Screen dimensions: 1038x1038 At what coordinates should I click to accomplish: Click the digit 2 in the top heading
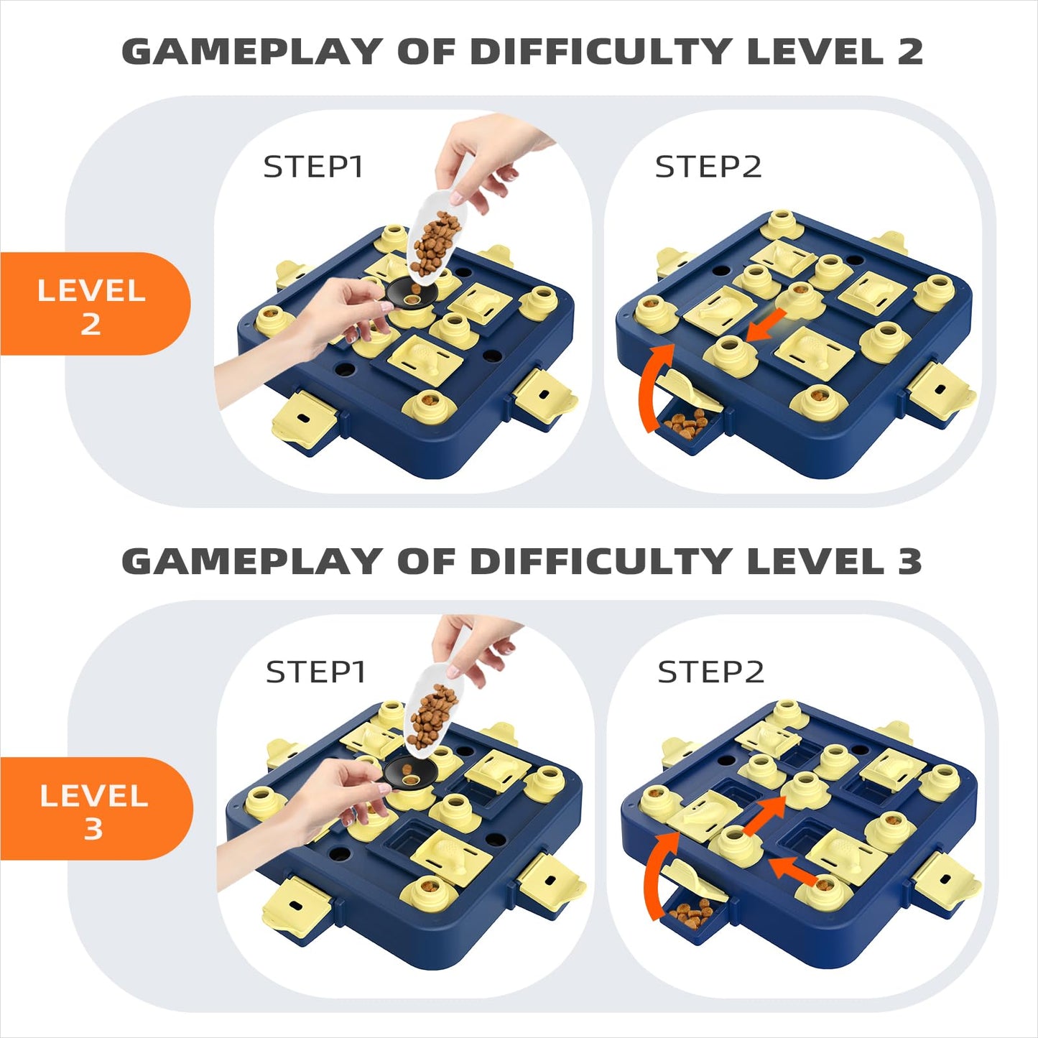(x=909, y=52)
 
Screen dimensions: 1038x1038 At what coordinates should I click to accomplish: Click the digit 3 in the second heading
(x=909, y=561)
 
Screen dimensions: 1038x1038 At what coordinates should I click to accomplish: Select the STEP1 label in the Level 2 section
(x=313, y=167)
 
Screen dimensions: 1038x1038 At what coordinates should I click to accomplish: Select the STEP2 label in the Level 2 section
(x=708, y=167)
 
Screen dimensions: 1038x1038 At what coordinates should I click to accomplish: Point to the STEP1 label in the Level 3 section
(x=316, y=672)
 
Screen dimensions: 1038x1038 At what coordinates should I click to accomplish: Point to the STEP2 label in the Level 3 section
(x=710, y=672)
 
